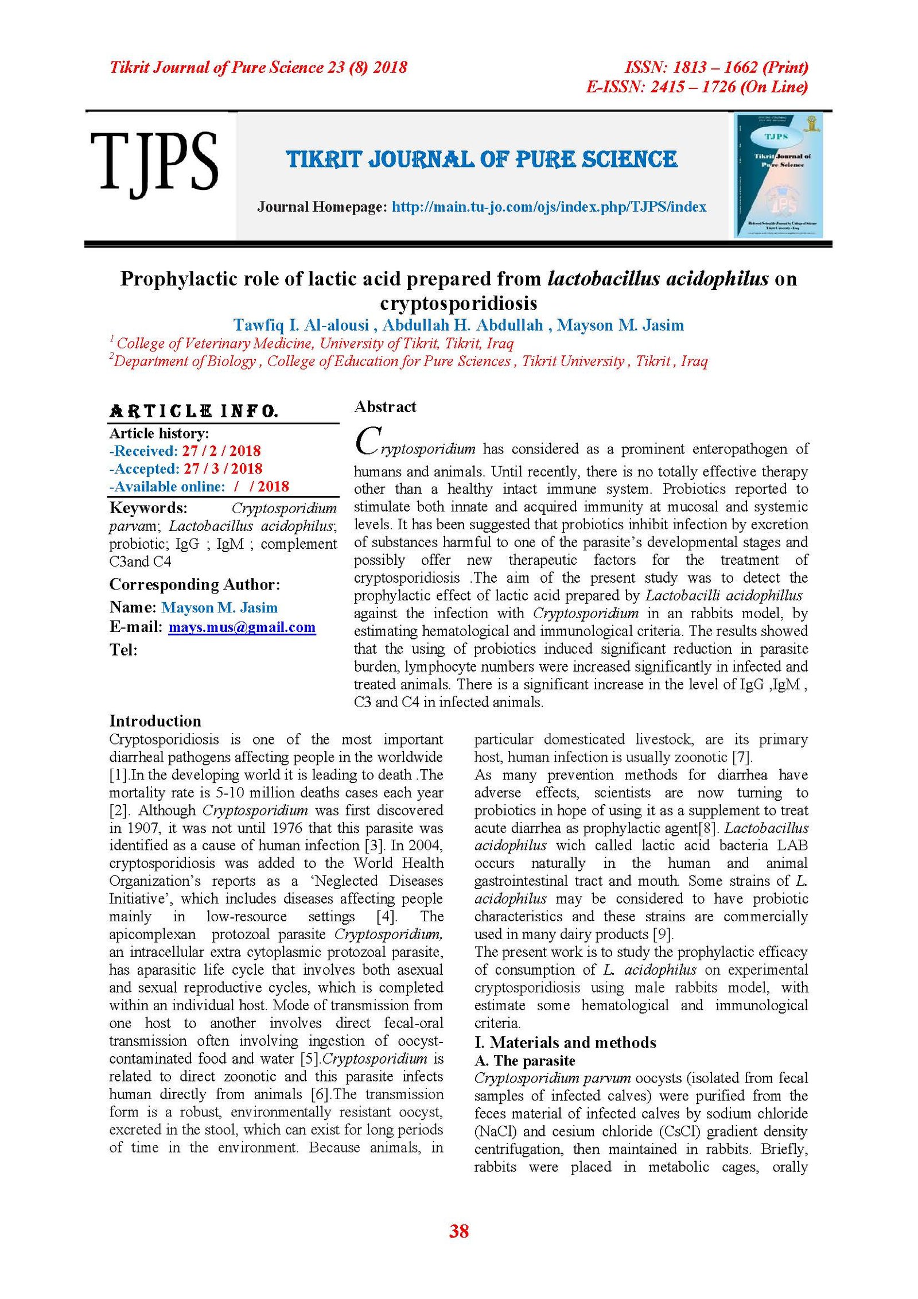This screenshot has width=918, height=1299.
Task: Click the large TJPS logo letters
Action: pyautogui.click(x=154, y=162)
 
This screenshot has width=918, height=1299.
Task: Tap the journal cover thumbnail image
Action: pyautogui.click(x=779, y=175)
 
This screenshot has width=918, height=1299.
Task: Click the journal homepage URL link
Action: pyautogui.click(x=549, y=207)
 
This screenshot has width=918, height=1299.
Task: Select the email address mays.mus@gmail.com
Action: pyautogui.click(x=242, y=627)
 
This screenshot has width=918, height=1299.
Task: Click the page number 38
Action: pyautogui.click(x=459, y=1232)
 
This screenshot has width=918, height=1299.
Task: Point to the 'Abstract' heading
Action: pyautogui.click(x=384, y=407)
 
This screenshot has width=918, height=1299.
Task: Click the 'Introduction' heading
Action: pyautogui.click(x=155, y=721)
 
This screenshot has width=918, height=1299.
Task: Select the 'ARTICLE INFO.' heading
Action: pyautogui.click(x=194, y=411)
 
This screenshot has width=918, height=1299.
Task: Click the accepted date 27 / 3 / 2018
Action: pyautogui.click(x=223, y=469)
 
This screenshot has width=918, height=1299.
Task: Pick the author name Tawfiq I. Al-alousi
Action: pyautogui.click(x=301, y=325)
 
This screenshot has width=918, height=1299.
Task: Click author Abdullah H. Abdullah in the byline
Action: pyautogui.click(x=462, y=325)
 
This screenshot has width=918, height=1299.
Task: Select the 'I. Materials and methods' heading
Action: pyautogui.click(x=565, y=1042)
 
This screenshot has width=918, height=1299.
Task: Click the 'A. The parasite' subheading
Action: pyautogui.click(x=524, y=1061)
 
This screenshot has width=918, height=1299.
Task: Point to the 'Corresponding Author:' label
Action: pyautogui.click(x=195, y=585)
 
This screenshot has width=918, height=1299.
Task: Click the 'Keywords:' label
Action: pyautogui.click(x=148, y=509)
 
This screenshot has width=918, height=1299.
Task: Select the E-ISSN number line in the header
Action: pyautogui.click(x=697, y=87)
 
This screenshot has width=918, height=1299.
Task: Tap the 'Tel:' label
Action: pyautogui.click(x=123, y=650)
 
